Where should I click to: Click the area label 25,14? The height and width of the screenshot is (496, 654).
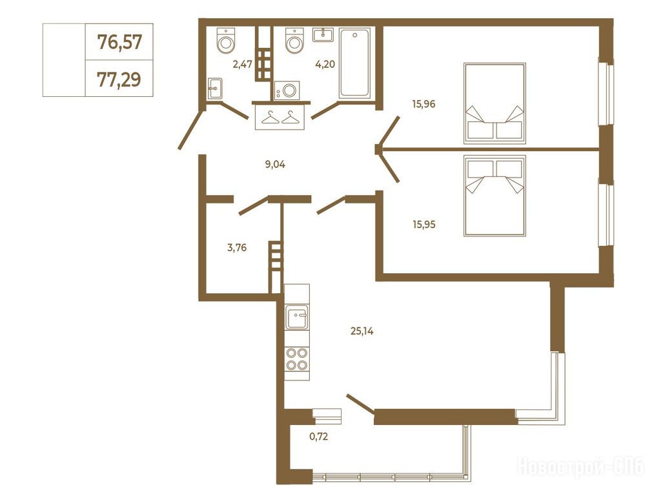click(362, 332)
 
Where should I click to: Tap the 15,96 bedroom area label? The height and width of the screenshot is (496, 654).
click(424, 104)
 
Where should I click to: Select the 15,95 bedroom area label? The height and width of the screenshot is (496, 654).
click(424, 225)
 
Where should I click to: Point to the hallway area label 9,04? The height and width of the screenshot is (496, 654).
click(275, 164)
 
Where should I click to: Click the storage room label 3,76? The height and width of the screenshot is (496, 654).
click(237, 248)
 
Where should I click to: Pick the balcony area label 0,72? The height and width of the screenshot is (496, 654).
click(319, 437)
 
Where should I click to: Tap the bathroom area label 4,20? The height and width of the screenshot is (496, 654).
click(325, 64)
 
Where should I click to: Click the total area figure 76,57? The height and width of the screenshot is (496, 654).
click(119, 42)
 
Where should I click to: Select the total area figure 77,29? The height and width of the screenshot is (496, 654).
click(119, 79)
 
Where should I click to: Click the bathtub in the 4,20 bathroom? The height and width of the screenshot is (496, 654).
click(355, 63)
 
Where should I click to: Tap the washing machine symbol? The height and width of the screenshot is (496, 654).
click(287, 90)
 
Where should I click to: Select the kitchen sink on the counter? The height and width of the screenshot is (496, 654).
click(297, 316)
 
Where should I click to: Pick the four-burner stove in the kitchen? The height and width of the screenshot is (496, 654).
click(297, 360)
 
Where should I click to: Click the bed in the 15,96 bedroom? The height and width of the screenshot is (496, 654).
click(495, 103)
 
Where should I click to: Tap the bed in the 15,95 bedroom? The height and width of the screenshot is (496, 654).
click(495, 196)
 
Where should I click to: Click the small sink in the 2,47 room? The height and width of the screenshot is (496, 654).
click(214, 88)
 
